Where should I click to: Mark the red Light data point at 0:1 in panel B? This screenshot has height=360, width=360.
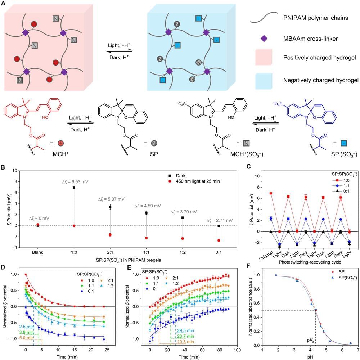[x=219, y=240]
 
